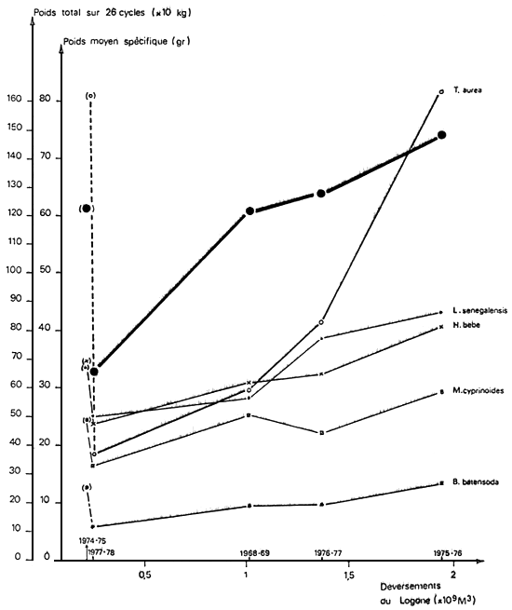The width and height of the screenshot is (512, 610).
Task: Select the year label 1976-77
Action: [x=321, y=555]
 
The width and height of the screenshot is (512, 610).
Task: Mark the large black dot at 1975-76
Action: [x=441, y=135]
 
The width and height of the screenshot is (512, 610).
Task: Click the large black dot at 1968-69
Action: [x=249, y=211]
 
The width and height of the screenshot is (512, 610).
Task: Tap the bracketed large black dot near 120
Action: [x=87, y=208]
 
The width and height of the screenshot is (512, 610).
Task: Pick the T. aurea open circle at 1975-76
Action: [x=441, y=91]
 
